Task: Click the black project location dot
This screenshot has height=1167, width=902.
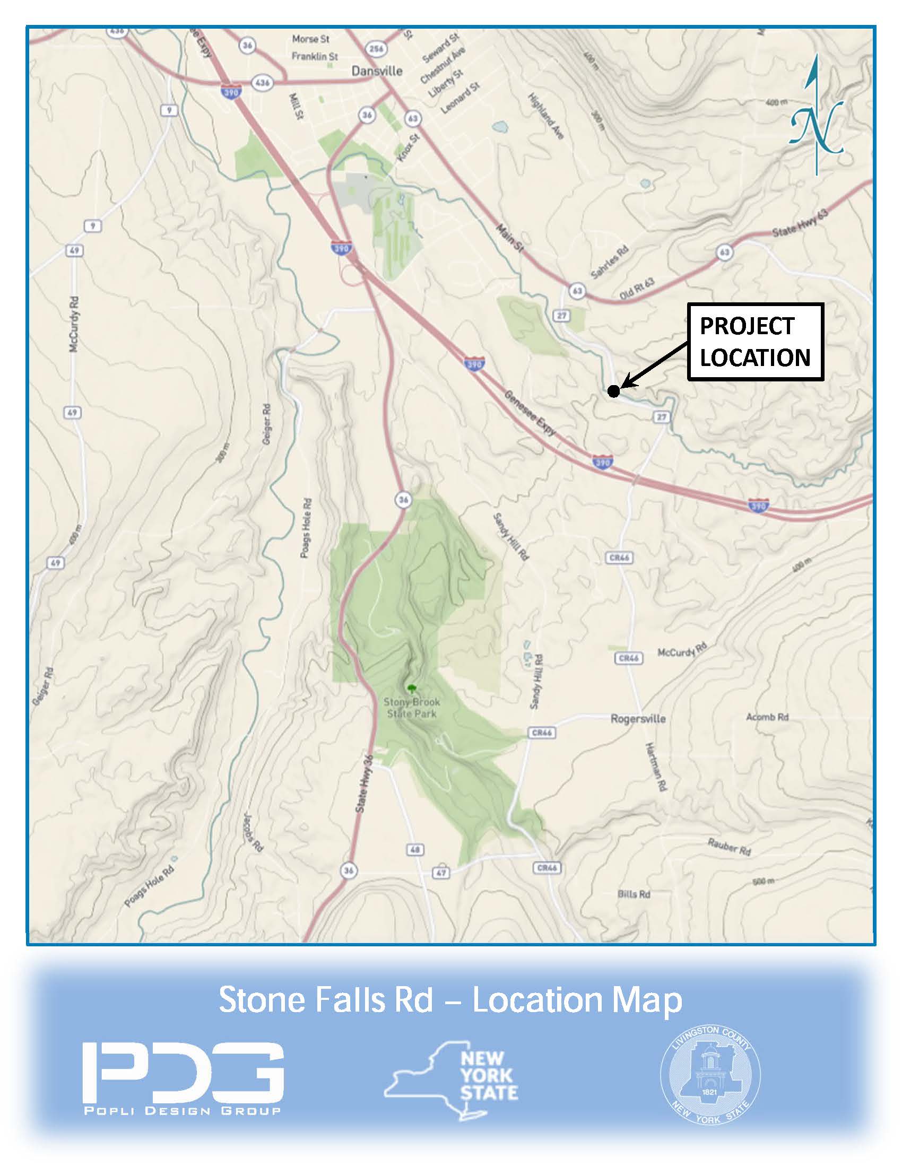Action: pyautogui.click(x=613, y=391)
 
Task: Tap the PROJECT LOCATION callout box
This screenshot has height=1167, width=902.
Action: pyautogui.click(x=754, y=342)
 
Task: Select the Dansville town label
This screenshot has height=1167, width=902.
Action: pyautogui.click(x=377, y=71)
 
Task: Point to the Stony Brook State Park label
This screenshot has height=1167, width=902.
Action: pyautogui.click(x=411, y=708)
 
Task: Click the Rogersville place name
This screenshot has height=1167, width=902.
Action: pyautogui.click(x=638, y=719)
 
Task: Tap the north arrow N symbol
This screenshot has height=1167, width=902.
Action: pyautogui.click(x=816, y=127)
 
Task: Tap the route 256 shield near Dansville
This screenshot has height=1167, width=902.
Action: pyautogui.click(x=376, y=49)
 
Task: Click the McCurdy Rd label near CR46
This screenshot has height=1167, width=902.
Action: pyautogui.click(x=682, y=651)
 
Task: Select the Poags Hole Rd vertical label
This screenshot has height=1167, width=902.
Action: pyautogui.click(x=306, y=528)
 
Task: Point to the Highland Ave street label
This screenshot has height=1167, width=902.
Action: pyautogui.click(x=546, y=117)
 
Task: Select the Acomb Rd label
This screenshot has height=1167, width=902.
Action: pyautogui.click(x=767, y=717)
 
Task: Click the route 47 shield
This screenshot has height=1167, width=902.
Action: pyautogui.click(x=441, y=873)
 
